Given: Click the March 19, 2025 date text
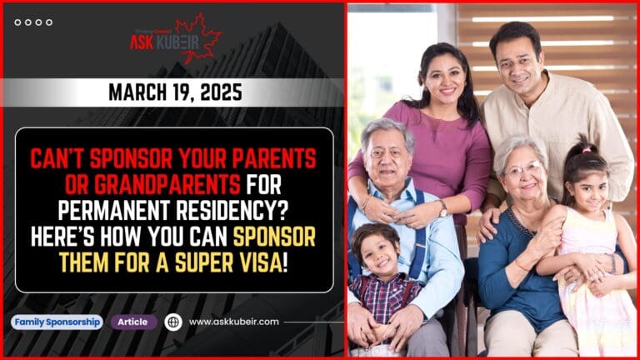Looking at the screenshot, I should click(175, 92).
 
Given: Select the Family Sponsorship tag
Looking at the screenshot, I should click(57, 322).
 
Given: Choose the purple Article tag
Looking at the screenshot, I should click(133, 322).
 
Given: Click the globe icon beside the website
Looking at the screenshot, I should click(173, 322).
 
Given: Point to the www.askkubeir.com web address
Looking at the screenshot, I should click(234, 322).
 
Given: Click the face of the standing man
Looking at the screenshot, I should click(517, 57).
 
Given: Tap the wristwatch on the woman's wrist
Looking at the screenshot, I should click(442, 207).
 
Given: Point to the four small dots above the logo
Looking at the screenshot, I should click(33, 22).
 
